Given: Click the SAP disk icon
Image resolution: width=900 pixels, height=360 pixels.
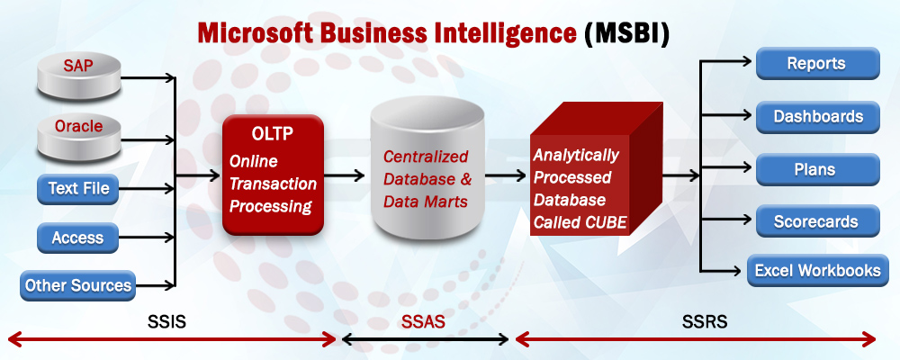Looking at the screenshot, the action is [79, 76].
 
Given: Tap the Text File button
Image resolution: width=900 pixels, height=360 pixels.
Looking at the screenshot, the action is [78, 189].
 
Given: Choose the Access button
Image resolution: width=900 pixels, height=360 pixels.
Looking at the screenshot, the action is [78, 238].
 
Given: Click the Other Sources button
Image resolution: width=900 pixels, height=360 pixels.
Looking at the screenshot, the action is [78, 285].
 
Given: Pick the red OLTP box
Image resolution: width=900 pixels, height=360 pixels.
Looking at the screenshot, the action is [274, 175].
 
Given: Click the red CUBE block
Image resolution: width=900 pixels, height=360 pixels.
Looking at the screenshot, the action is [597, 169].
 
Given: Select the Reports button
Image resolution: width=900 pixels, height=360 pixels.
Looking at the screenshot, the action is [817, 63].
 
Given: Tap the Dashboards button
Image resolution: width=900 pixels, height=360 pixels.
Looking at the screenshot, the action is [817, 117].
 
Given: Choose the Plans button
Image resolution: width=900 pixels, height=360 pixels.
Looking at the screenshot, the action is [817, 170].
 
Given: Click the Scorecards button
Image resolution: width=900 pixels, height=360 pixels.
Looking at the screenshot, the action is [817, 221].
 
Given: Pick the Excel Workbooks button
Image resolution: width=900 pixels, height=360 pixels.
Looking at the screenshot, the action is [817, 270].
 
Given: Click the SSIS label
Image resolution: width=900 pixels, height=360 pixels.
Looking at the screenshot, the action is [166, 321].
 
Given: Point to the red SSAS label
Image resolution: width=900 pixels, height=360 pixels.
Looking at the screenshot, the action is [423, 321].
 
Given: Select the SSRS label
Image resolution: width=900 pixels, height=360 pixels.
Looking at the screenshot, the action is [705, 321].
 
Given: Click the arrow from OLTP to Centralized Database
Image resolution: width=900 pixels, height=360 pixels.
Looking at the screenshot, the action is [345, 175].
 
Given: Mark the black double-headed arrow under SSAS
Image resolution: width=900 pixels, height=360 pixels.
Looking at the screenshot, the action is [426, 340].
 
